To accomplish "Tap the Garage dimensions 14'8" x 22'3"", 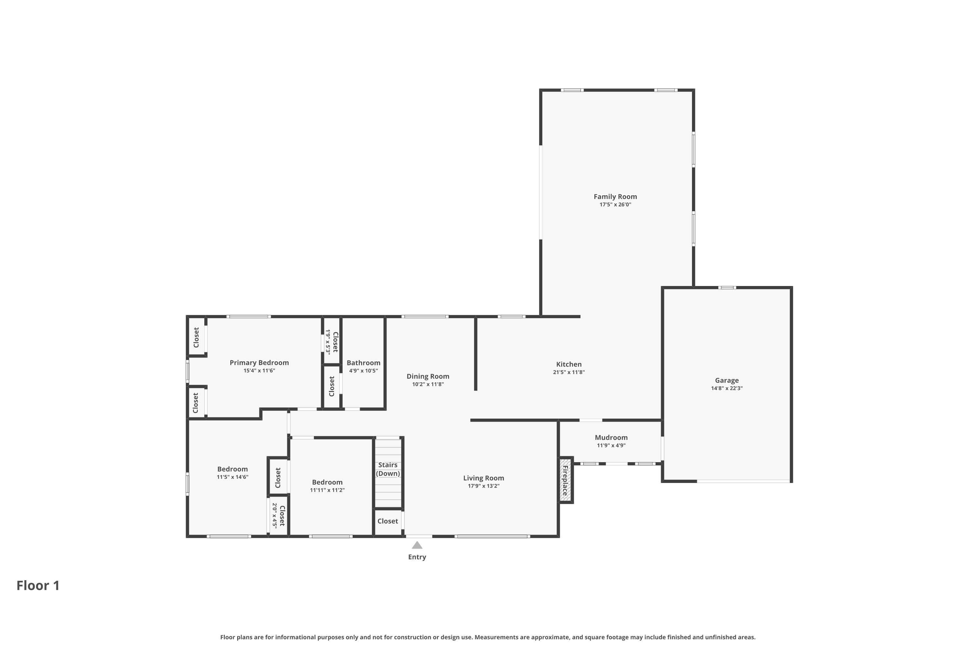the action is (726, 388).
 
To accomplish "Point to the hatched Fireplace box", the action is (565, 480).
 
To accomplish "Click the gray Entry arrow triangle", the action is (417, 545).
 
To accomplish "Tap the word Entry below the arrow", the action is (417, 557).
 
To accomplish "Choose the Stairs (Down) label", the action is (388, 469).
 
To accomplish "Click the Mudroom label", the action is (611, 437).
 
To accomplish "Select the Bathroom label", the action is (363, 363).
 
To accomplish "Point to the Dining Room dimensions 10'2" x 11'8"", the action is (428, 384).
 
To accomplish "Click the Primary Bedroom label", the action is (259, 363).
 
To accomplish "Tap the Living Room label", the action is (483, 478).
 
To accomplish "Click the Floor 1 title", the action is (38, 585).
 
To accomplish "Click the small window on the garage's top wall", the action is (727, 288).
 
